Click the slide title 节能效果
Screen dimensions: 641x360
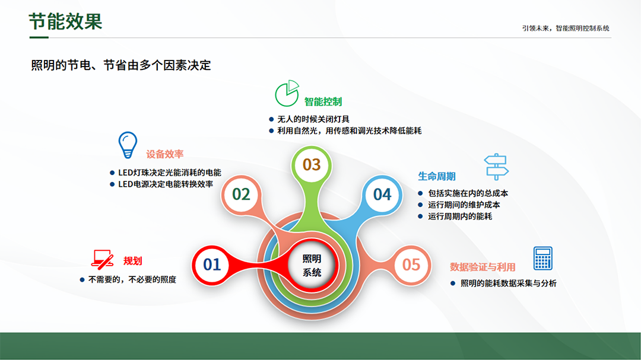[65, 22]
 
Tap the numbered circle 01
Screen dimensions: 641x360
[212, 265]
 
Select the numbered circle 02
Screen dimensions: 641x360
[241, 195]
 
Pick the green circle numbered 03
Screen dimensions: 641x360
[312, 165]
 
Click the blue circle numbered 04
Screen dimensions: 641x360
[382, 195]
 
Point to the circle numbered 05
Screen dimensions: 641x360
[411, 265]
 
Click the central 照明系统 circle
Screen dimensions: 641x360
[312, 266]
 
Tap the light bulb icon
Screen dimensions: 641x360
[128, 145]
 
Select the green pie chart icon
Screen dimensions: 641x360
[287, 93]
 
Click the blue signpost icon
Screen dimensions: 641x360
[496, 167]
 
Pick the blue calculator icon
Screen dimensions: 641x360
[543, 258]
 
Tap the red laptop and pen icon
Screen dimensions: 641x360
[102, 260]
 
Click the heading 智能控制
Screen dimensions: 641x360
[323, 102]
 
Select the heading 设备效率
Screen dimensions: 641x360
[165, 154]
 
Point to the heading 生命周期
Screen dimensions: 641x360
[437, 177]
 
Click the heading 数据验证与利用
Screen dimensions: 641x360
[483, 267]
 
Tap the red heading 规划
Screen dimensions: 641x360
[132, 261]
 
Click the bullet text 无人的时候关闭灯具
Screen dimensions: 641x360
[313, 119]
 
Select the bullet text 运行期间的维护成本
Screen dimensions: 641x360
[464, 205]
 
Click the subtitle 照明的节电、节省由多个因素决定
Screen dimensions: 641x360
[121, 65]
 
